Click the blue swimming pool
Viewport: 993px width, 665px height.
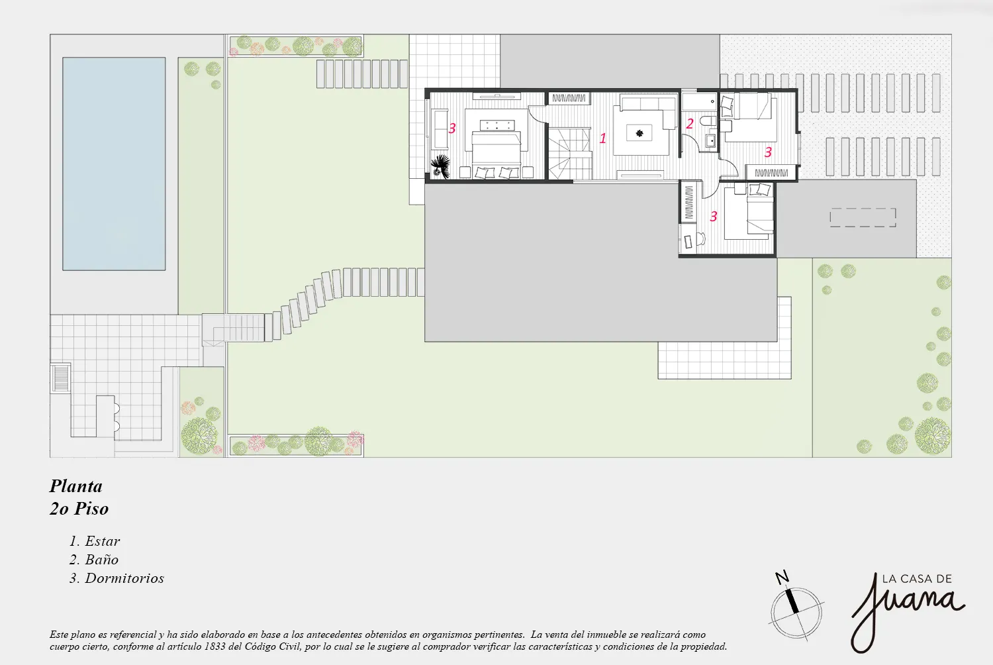coord(114,164)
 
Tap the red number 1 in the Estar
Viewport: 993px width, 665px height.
coord(603,138)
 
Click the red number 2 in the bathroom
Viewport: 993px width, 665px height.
coord(689,124)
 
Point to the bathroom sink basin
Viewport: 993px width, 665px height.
coord(711,141)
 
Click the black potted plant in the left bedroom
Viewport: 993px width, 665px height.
coord(441,166)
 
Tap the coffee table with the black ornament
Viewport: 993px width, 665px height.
coord(639,133)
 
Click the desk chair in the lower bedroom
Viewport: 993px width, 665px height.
coord(700,239)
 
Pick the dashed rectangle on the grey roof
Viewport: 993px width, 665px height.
coord(863,217)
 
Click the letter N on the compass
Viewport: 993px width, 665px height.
coord(782,577)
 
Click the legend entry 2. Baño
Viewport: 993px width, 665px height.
coord(94,560)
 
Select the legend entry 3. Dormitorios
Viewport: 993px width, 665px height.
coord(117,578)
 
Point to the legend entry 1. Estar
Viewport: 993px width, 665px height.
coord(95,541)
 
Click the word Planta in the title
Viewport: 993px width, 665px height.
coord(76,486)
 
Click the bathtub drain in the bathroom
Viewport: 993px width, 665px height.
coord(712,101)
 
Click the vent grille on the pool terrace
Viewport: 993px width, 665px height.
coord(60,378)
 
